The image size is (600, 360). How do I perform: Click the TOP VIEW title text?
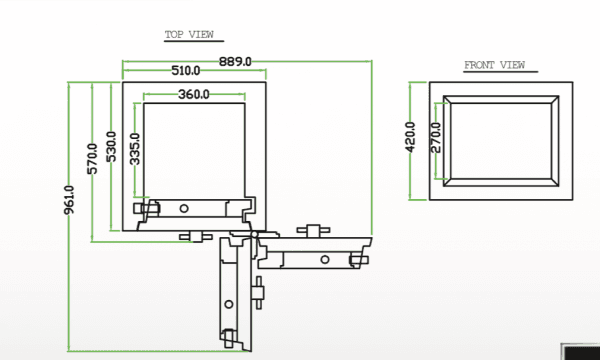(189, 35)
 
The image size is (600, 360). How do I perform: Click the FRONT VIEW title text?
(494, 65)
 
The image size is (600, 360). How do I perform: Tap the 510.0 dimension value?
(186, 71)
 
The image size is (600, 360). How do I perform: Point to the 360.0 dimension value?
(193, 95)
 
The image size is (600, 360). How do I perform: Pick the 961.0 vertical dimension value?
(69, 204)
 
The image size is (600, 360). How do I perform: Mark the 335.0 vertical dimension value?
(135, 147)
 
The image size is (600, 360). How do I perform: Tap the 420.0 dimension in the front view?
(410, 136)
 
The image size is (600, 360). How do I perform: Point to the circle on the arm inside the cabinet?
(183, 207)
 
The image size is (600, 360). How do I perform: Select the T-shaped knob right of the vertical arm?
(259, 291)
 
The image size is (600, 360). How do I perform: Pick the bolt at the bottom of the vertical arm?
(227, 336)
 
